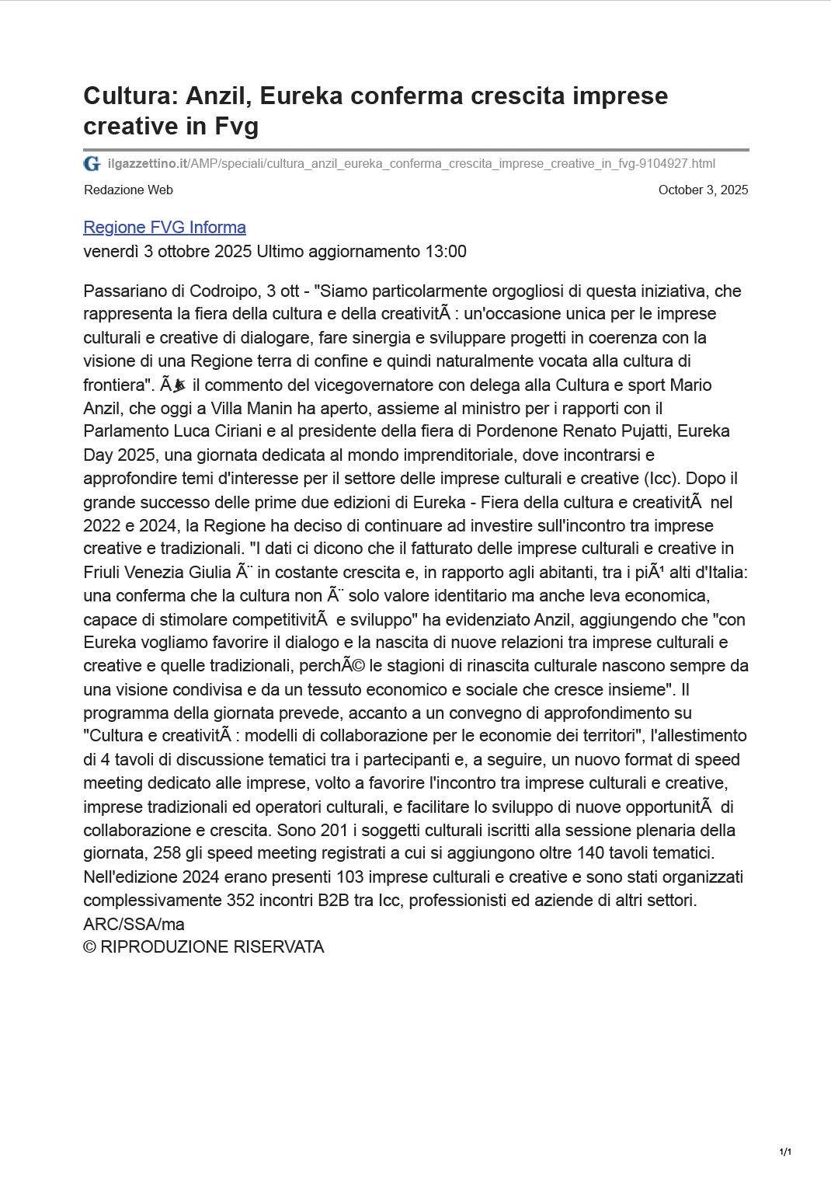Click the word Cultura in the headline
click(x=128, y=96)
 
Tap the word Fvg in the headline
click(x=236, y=126)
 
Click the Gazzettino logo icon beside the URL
click(x=92, y=164)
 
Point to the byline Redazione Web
click(x=128, y=190)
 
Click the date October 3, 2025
click(x=703, y=190)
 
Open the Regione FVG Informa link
click(x=165, y=228)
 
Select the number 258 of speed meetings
click(x=167, y=853)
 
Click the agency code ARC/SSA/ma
click(x=134, y=925)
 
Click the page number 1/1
click(x=785, y=1152)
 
